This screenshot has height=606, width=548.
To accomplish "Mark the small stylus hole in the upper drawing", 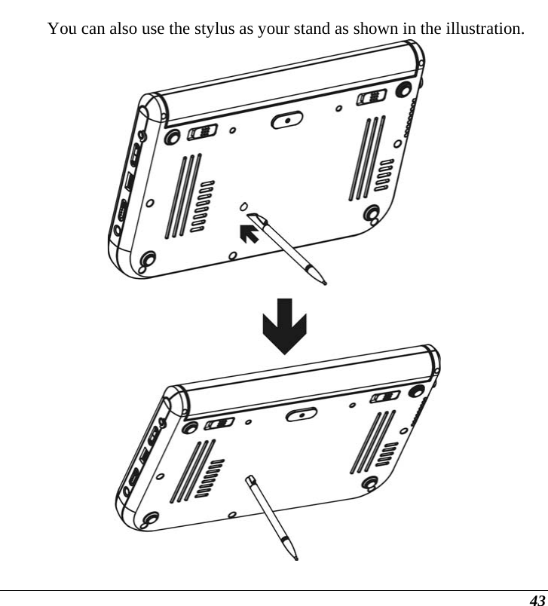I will pyautogui.click(x=243, y=207).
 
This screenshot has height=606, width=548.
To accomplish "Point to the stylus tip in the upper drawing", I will pyautogui.click(x=323, y=284).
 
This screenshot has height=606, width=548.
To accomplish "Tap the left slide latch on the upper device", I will pyautogui.click(x=202, y=133).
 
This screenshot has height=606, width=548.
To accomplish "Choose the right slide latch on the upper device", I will pyautogui.click(x=369, y=98).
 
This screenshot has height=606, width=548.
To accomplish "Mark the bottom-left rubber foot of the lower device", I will pyautogui.click(x=148, y=519).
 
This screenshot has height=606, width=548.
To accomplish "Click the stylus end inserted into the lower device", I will pyautogui.click(x=250, y=479).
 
